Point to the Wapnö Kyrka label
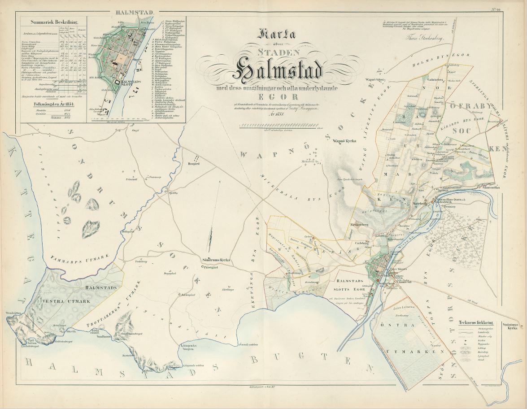click(x=344, y=141)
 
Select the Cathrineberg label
click(x=426, y=81)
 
